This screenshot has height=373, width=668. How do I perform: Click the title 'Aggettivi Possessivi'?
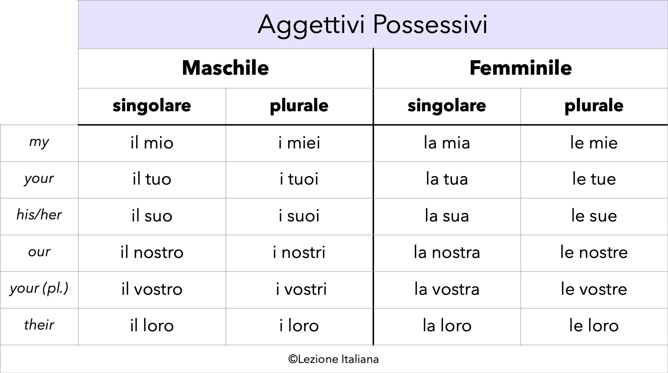point(372,24)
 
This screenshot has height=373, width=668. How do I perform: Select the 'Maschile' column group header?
point(225,68)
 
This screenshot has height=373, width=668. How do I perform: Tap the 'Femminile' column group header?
point(520,68)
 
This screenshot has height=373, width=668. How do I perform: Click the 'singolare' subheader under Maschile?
point(152,105)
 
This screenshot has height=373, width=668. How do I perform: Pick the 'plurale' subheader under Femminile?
point(594,105)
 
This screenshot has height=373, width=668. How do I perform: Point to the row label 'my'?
point(39,142)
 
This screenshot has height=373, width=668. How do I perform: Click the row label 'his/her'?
point(39,215)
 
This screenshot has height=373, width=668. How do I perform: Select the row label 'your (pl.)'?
point(39,289)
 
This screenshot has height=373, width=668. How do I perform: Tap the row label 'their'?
point(39,325)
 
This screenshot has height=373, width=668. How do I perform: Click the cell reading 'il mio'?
point(152,143)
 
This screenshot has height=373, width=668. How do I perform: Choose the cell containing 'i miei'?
point(299,143)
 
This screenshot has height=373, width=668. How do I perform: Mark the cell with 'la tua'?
point(447,179)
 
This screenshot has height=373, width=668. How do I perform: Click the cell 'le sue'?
point(594,216)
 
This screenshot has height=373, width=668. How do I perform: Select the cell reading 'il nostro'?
point(152,252)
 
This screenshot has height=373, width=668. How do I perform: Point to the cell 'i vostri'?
point(301,289)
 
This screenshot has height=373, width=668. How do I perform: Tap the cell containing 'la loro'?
point(447,326)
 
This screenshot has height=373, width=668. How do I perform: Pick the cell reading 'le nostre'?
point(594,252)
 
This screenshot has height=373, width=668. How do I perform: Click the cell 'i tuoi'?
point(299,179)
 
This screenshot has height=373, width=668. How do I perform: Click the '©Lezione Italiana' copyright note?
point(333,359)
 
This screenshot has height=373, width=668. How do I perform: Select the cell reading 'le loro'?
point(594,326)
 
